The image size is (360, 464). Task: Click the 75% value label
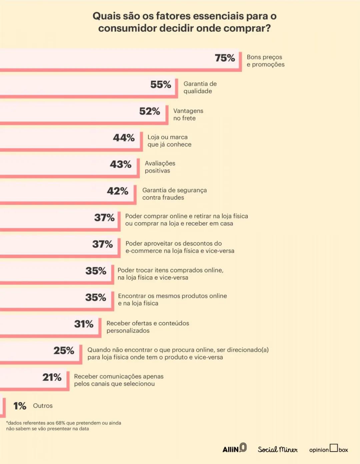coord(225,58)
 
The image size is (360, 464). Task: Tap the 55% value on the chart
coord(160,85)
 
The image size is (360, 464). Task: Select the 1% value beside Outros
coord(20,406)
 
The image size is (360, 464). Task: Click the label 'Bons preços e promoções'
coord(265,61)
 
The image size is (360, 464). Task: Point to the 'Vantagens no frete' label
coord(188,114)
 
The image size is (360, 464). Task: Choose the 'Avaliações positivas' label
coord(160,167)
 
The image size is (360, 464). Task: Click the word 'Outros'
coord(43,406)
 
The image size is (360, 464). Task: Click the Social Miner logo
coord(277,449)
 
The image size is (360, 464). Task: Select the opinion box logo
coord(328,449)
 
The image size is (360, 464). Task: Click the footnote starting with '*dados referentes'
coord(63,426)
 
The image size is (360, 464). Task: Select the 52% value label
coord(149,111)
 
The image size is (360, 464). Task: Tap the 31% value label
coord(84,324)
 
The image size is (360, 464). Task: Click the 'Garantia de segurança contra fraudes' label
coord(174,194)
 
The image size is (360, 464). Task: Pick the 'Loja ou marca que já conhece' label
coord(169,141)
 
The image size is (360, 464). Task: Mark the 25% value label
coord(64,351)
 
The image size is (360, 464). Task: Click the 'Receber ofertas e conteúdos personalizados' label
coord(148,327)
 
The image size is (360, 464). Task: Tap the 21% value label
coord(52,377)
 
